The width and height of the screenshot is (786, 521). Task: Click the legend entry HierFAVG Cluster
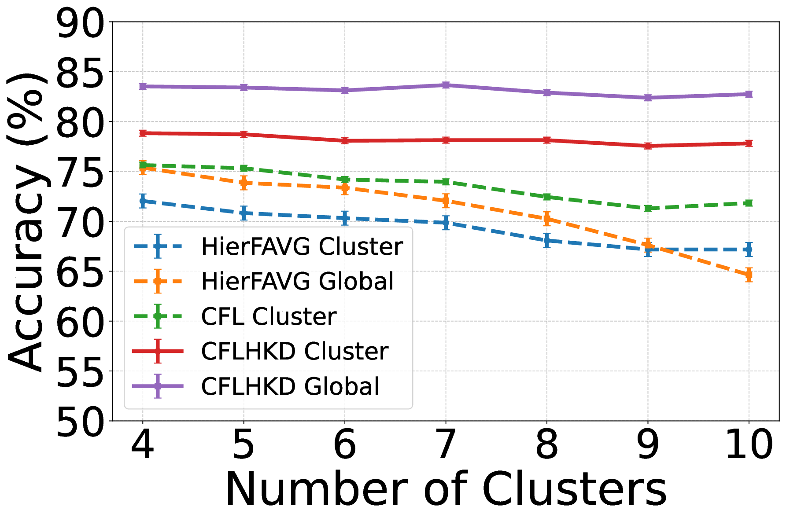pyautogui.click(x=302, y=246)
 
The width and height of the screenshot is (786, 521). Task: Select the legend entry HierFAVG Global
pyautogui.click(x=297, y=281)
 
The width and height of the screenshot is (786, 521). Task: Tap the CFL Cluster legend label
pyautogui.click(x=269, y=316)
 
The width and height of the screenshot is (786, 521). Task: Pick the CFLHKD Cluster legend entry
pyautogui.click(x=294, y=351)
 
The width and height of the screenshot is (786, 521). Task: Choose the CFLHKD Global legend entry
pyautogui.click(x=290, y=386)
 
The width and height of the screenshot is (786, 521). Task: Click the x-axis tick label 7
pyautogui.click(x=446, y=444)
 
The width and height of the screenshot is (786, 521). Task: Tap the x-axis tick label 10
pyautogui.click(x=749, y=444)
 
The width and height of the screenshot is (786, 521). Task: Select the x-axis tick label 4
pyautogui.click(x=143, y=444)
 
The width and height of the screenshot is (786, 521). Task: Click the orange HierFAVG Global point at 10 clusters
pyautogui.click(x=749, y=275)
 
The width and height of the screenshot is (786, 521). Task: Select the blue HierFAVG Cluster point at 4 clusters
pyautogui.click(x=143, y=201)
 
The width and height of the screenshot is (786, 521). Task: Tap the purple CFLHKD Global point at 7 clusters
pyautogui.click(x=446, y=85)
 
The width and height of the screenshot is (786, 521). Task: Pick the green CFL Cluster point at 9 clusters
pyautogui.click(x=648, y=208)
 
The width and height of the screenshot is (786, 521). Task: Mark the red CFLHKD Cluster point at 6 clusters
pyautogui.click(x=345, y=141)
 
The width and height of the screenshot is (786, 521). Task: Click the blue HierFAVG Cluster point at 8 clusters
pyautogui.click(x=547, y=241)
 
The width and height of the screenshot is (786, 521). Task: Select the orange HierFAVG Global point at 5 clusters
pyautogui.click(x=244, y=183)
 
